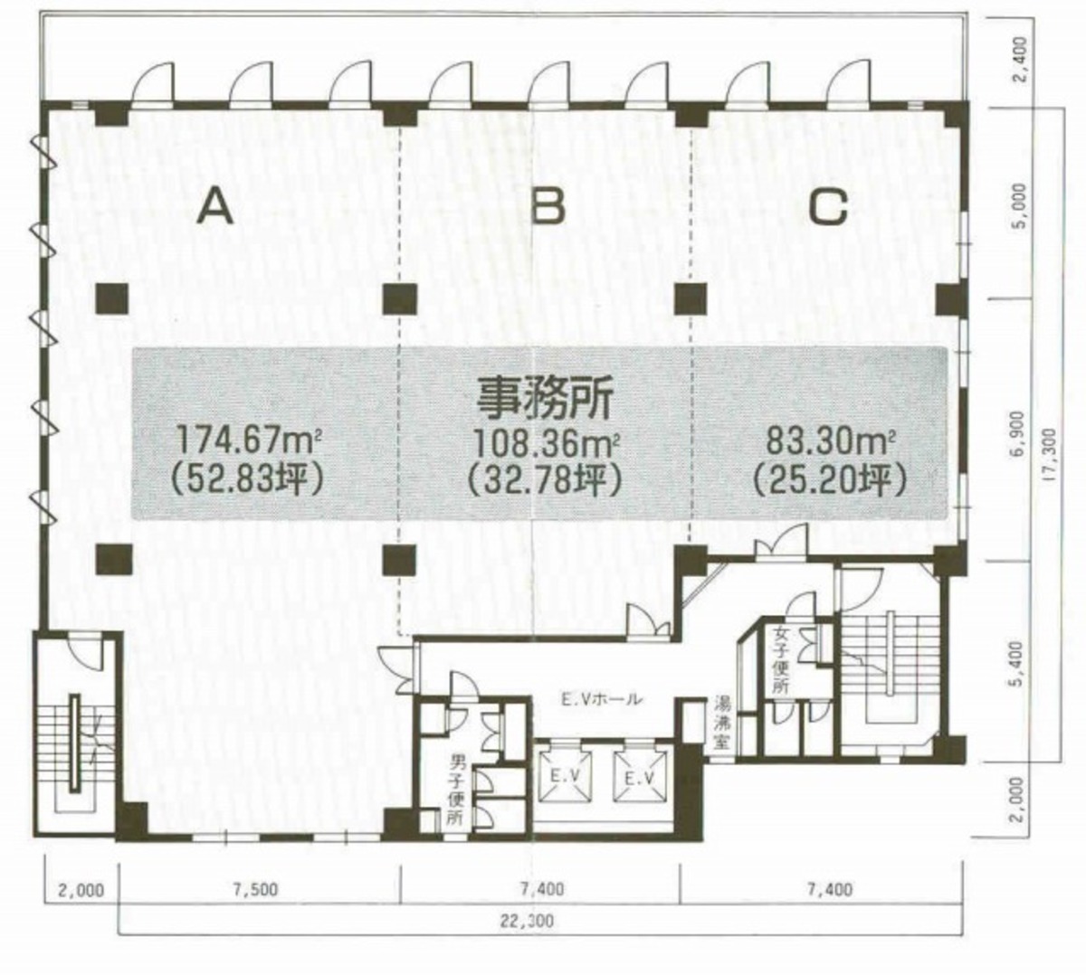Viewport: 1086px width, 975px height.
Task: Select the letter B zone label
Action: [x=548, y=207]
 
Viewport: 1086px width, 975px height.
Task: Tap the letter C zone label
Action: [x=828, y=207]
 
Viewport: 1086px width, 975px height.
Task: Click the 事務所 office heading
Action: [x=545, y=400]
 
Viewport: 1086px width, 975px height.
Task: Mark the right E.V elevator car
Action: [x=642, y=776]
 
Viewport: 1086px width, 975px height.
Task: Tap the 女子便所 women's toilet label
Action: [x=781, y=660]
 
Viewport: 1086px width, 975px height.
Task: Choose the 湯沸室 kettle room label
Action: [x=721, y=726]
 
